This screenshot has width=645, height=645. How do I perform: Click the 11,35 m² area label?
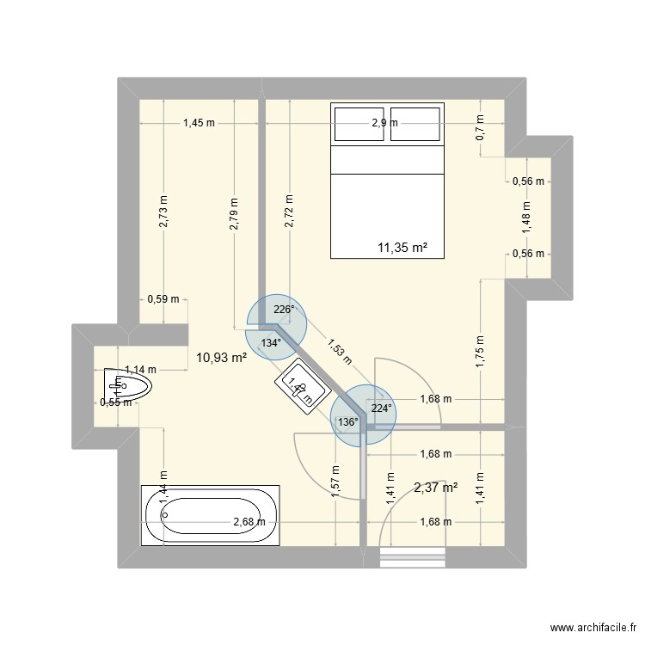tap(402, 249)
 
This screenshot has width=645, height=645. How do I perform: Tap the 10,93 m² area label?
tap(222, 358)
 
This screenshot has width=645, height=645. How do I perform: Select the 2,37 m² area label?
tap(435, 488)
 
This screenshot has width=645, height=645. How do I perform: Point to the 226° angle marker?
tap(284, 310)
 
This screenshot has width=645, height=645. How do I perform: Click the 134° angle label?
tap(271, 343)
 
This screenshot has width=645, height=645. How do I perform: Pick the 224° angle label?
tap(381, 409)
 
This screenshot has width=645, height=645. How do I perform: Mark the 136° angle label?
tap(348, 422)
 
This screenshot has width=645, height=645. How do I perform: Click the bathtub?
tap(211, 517)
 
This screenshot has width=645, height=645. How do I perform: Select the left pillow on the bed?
tap(359, 124)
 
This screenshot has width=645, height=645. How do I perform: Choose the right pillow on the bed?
tap(416, 124)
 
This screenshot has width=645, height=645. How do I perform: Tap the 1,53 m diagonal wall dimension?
tap(339, 349)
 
